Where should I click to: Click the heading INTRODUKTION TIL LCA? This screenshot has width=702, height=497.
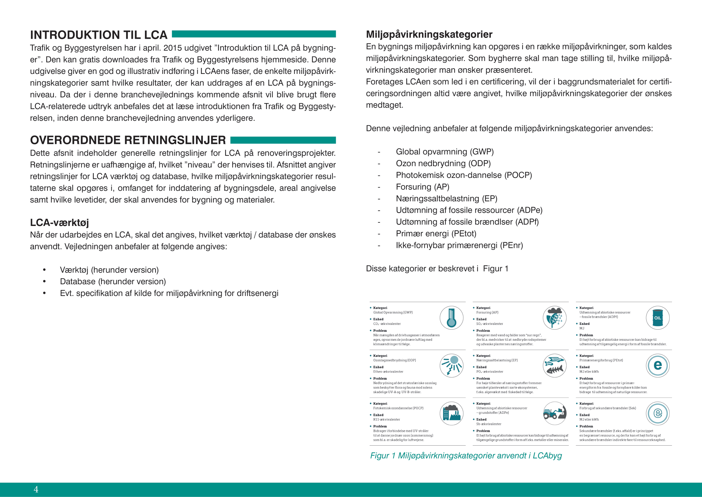(98, 35)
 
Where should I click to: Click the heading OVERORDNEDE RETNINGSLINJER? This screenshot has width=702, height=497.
(128, 140)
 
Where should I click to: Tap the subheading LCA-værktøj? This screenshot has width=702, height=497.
(59, 222)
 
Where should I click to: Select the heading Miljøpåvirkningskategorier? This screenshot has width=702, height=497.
(429, 34)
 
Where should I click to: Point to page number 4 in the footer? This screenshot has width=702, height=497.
(36, 489)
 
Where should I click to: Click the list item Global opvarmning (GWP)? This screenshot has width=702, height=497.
(444, 152)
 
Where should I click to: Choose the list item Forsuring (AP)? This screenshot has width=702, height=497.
(422, 187)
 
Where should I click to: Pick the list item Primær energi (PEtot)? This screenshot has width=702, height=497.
(436, 233)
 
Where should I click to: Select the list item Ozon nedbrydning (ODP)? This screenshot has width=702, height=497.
(443, 163)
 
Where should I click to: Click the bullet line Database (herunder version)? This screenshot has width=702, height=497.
(113, 282)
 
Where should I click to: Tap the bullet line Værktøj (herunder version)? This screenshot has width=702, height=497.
(109, 270)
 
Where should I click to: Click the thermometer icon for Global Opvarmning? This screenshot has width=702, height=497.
(451, 318)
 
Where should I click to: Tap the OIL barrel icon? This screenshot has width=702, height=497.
(657, 318)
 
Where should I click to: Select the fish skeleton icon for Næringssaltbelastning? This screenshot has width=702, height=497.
(555, 365)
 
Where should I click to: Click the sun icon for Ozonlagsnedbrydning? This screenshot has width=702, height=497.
(451, 365)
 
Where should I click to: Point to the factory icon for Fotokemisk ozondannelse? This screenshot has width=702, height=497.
(451, 413)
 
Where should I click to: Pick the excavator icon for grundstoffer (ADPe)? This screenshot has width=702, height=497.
(555, 413)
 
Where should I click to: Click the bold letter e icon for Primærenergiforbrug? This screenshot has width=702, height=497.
(657, 365)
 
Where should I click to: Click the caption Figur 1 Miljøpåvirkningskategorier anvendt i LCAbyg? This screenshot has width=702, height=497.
(466, 456)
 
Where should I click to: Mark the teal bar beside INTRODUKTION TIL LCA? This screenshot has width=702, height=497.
(254, 34)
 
